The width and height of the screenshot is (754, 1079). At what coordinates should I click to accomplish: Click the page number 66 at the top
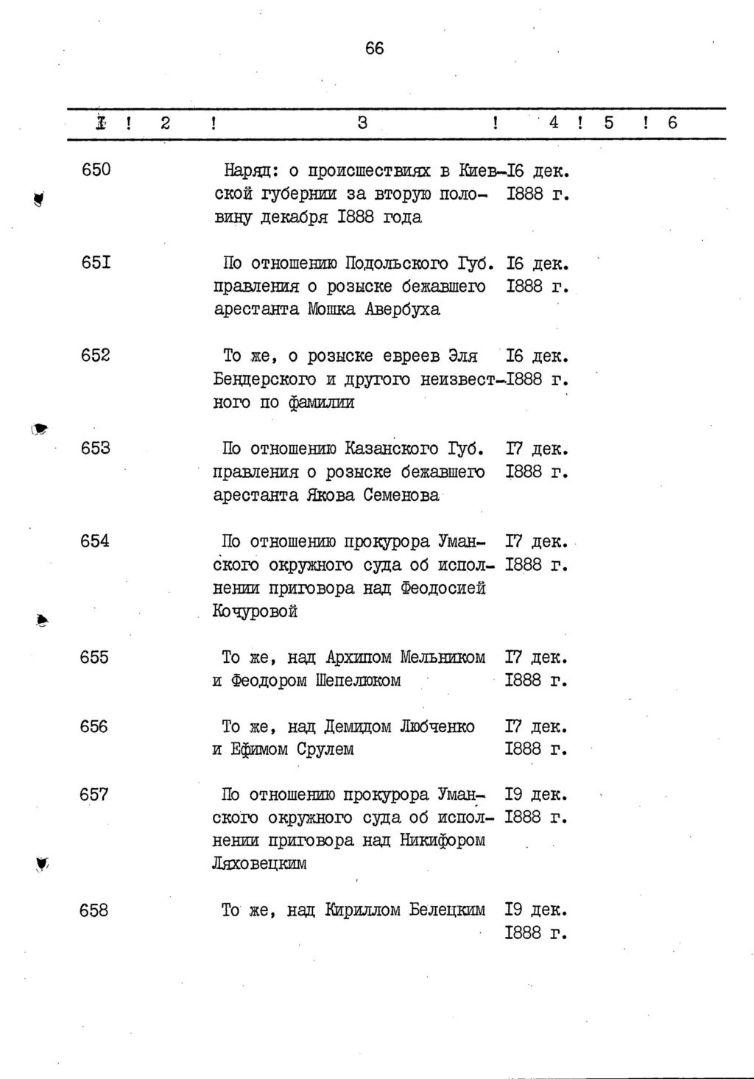click(374, 49)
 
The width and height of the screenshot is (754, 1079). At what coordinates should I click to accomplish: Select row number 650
click(96, 170)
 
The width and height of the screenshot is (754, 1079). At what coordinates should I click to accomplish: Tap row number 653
click(95, 448)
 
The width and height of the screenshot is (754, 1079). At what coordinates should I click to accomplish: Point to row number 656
click(94, 726)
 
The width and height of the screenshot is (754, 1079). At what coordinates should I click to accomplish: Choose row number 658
click(94, 910)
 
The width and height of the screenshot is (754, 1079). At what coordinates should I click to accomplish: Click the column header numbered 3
click(362, 123)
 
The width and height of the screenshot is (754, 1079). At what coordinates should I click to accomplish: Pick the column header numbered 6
click(672, 123)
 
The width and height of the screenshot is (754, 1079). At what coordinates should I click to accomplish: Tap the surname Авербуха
click(403, 309)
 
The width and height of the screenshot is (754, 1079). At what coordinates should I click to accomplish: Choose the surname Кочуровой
click(255, 611)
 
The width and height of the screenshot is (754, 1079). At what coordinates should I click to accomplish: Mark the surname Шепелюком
click(357, 681)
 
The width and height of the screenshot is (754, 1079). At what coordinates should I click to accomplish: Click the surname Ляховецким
click(259, 864)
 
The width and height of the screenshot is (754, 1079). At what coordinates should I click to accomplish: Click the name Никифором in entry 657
click(443, 840)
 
